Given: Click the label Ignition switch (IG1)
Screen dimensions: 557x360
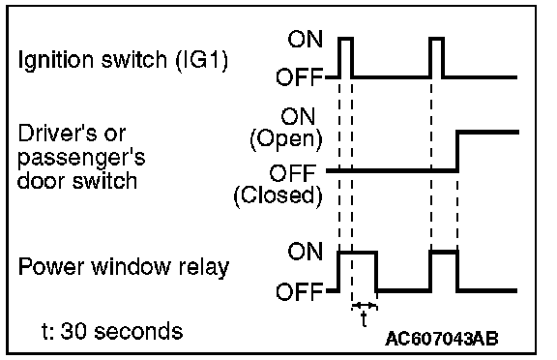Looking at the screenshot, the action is [123, 60].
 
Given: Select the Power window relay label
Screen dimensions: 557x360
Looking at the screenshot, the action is [124, 267].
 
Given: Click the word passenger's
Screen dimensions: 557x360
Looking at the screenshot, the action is [81, 159].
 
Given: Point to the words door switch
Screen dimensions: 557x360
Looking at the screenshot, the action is [77, 181].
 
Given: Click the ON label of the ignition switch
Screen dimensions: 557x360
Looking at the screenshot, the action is [305, 39].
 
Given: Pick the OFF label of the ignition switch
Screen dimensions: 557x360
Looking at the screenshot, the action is [299, 77].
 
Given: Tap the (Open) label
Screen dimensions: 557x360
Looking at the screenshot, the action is [286, 139].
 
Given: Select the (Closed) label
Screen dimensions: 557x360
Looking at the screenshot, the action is [278, 195].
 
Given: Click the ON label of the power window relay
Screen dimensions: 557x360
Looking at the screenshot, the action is [305, 252].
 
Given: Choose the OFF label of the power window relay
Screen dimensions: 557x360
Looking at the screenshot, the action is [299, 291].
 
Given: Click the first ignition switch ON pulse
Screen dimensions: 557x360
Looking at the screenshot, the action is [345, 38].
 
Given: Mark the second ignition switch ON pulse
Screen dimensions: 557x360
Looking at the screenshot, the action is [436, 38].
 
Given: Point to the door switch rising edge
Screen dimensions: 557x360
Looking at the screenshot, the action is [458, 152].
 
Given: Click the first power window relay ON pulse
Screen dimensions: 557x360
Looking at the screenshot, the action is [358, 253].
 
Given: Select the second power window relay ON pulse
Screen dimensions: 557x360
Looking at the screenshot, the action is [444, 253].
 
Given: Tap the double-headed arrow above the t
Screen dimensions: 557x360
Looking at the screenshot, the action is [365, 305].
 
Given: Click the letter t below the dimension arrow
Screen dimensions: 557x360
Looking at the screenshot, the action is [364, 318].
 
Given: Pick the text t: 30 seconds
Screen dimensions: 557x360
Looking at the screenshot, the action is [112, 331].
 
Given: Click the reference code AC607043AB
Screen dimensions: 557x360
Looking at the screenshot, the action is [442, 339].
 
